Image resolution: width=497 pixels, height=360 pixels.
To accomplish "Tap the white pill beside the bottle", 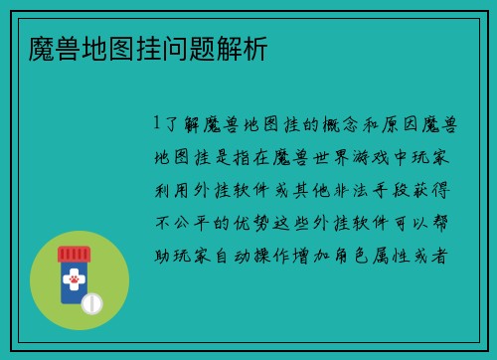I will coord(92,301).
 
